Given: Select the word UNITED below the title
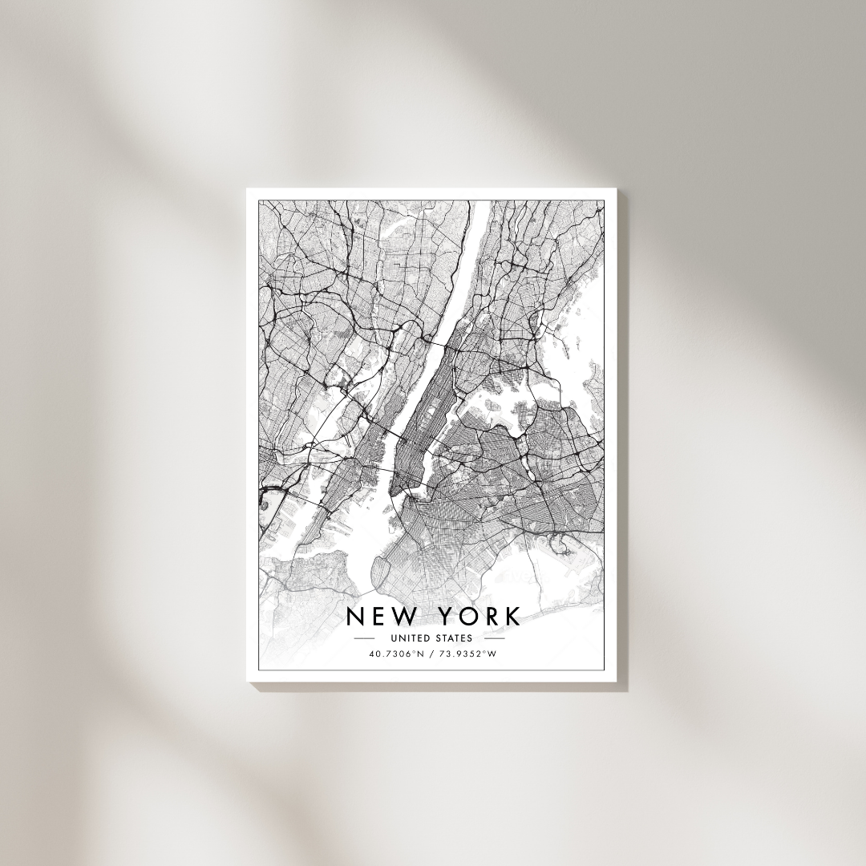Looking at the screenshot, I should point(410,639).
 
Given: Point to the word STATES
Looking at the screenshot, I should point(455,639).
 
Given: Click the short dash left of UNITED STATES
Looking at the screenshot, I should point(364,639).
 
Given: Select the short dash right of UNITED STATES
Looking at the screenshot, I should point(495,639).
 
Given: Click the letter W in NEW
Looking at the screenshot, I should point(406,617).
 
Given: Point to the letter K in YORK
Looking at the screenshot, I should point(511,617).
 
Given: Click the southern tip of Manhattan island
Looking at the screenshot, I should point(392,490).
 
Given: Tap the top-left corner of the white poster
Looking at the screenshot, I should point(247,188).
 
